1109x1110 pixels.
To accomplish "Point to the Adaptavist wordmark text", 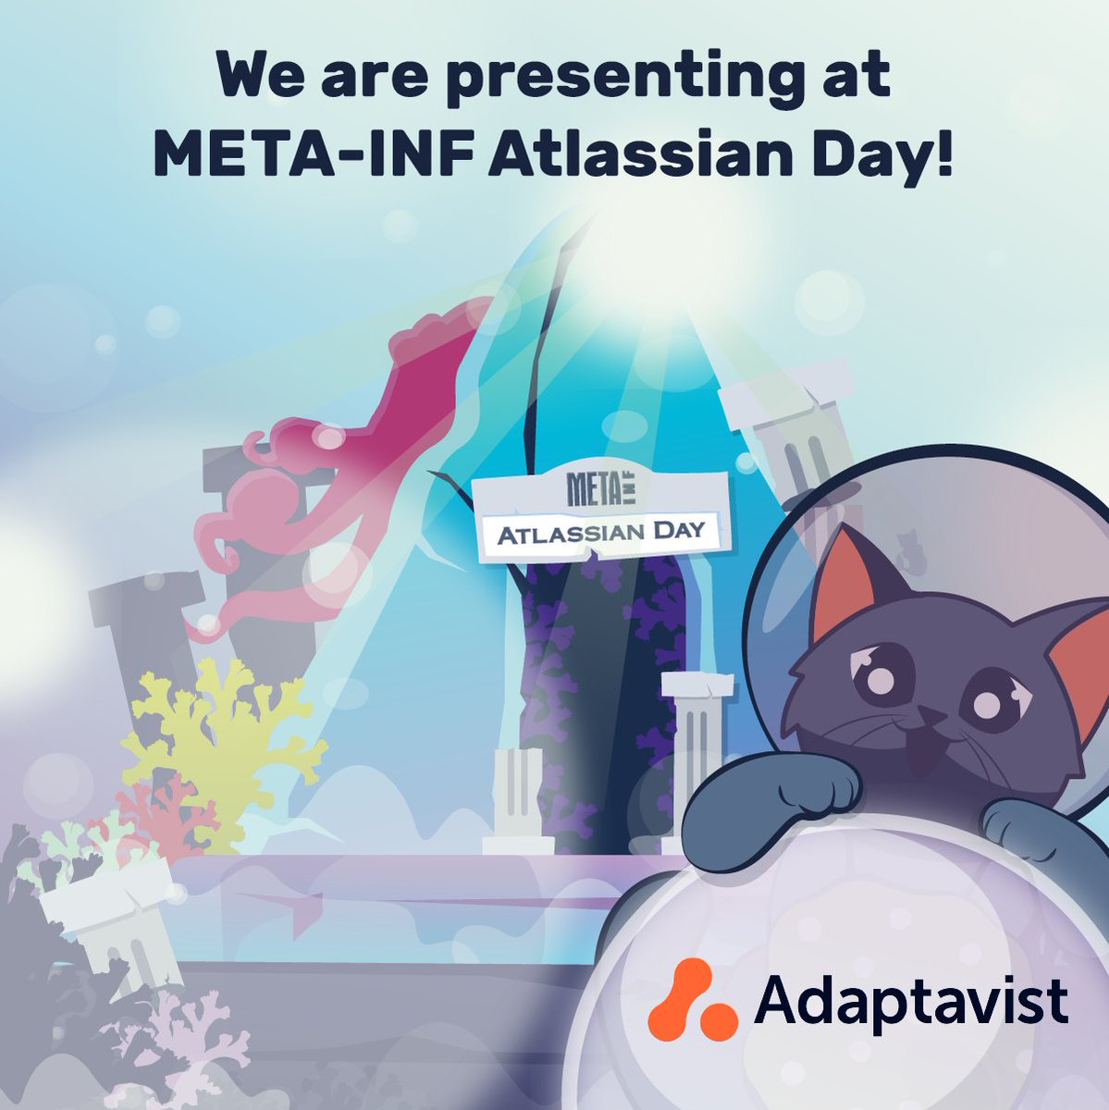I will [x=911, y=1001].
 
